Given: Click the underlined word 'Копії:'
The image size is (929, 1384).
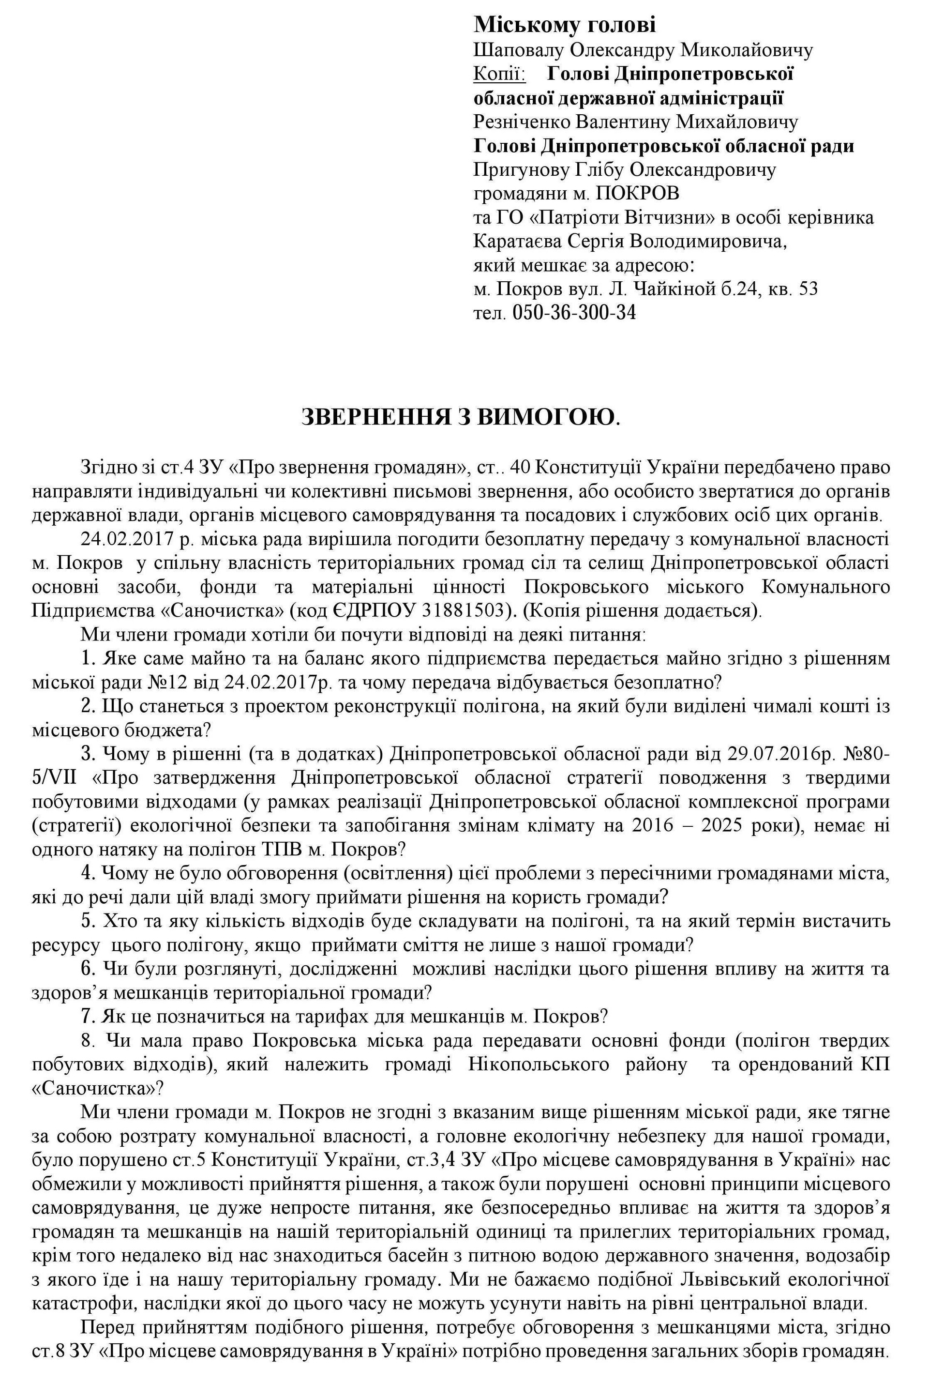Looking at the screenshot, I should pos(499,74).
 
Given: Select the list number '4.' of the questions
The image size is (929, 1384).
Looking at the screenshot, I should pos(90,874).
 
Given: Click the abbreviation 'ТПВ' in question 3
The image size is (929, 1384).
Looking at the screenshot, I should pos(282,850).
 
